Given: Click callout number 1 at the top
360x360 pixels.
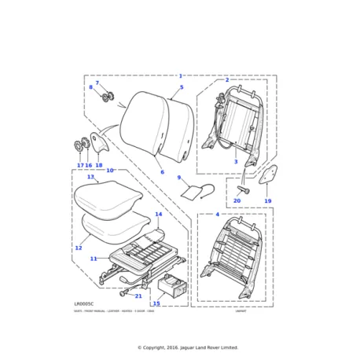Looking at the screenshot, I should (180, 76).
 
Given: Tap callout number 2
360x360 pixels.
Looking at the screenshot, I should (227, 80).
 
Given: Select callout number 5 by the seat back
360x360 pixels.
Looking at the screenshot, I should (181, 87).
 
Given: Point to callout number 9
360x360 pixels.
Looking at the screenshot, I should (178, 178).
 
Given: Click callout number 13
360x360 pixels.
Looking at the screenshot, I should (90, 177).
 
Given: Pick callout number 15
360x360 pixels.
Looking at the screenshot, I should (156, 303).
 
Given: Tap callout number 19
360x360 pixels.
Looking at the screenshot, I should (267, 201).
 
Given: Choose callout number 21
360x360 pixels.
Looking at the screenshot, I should (138, 296).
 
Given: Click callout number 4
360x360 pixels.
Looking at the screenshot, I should (218, 214).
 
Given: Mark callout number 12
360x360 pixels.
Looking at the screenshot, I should (78, 248).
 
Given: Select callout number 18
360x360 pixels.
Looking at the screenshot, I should (99, 166).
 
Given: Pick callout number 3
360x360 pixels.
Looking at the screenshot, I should (235, 162).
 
